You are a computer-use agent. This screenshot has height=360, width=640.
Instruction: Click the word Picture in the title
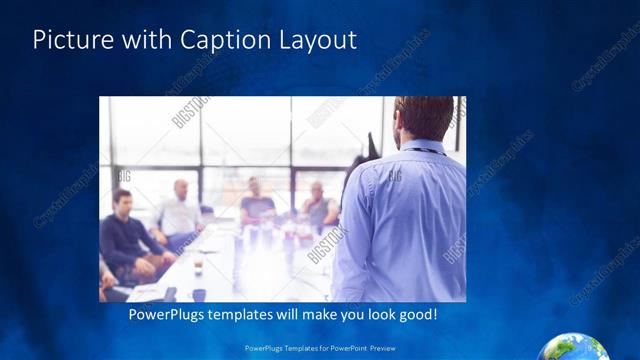point(70,41)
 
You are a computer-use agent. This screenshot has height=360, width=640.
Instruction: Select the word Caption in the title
point(223,41)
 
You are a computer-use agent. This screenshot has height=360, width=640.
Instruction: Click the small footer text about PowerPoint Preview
point(320,349)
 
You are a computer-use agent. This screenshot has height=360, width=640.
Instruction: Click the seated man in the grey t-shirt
point(258,204)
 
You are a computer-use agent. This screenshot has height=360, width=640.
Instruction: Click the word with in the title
point(147,41)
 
